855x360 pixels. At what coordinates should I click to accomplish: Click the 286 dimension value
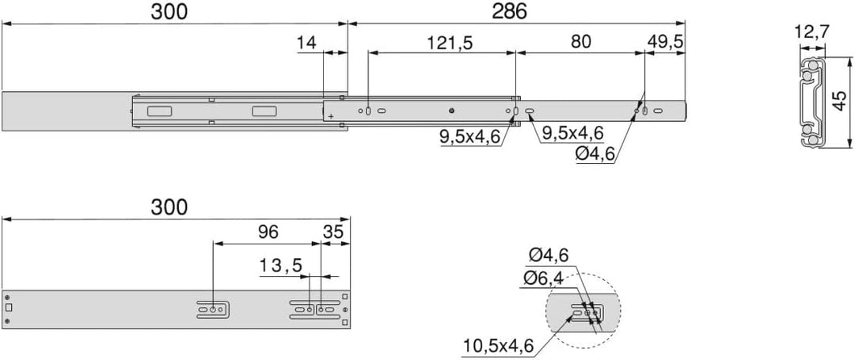tap(509, 11)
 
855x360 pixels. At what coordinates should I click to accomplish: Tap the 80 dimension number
tap(581, 43)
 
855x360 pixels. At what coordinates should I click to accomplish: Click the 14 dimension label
tap(307, 43)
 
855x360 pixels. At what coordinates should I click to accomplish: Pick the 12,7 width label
tap(812, 32)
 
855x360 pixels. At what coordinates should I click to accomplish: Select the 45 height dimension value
tap(840, 102)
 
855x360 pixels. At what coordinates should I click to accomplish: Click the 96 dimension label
tap(268, 232)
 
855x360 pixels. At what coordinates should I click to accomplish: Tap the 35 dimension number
tap(333, 232)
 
